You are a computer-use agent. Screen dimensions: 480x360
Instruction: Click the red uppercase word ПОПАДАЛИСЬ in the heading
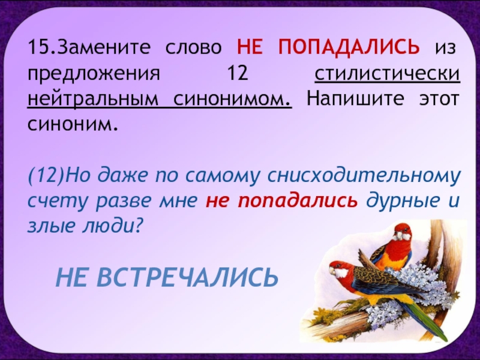pos(349,47)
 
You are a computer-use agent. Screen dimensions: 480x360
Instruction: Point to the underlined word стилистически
pos(387,73)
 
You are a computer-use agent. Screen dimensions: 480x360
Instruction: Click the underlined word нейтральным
pos(93,99)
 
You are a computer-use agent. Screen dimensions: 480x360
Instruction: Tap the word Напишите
pos(355,99)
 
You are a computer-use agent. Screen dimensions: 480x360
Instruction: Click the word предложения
pos(94,74)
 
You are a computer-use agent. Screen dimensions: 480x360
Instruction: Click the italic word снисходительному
pos(364,176)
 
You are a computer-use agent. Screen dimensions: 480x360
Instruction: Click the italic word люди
pos(113,227)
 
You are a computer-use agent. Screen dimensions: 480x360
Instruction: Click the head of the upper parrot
pos(401,233)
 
